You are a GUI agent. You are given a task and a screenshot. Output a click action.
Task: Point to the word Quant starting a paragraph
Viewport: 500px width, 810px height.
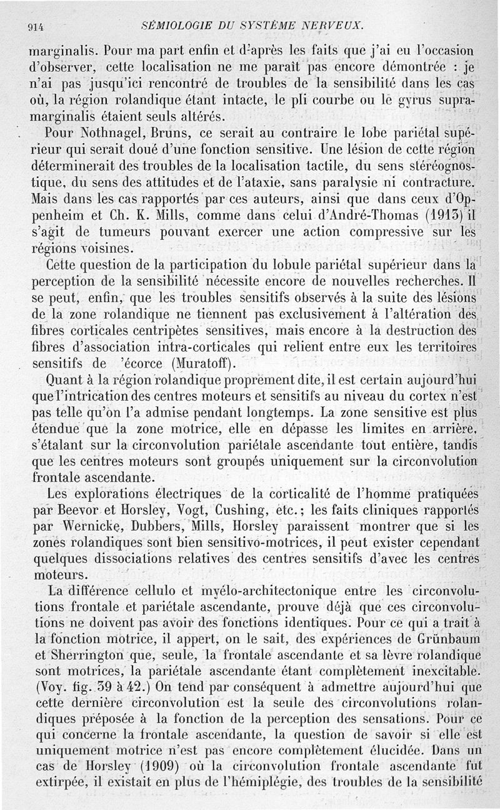point(66,379)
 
